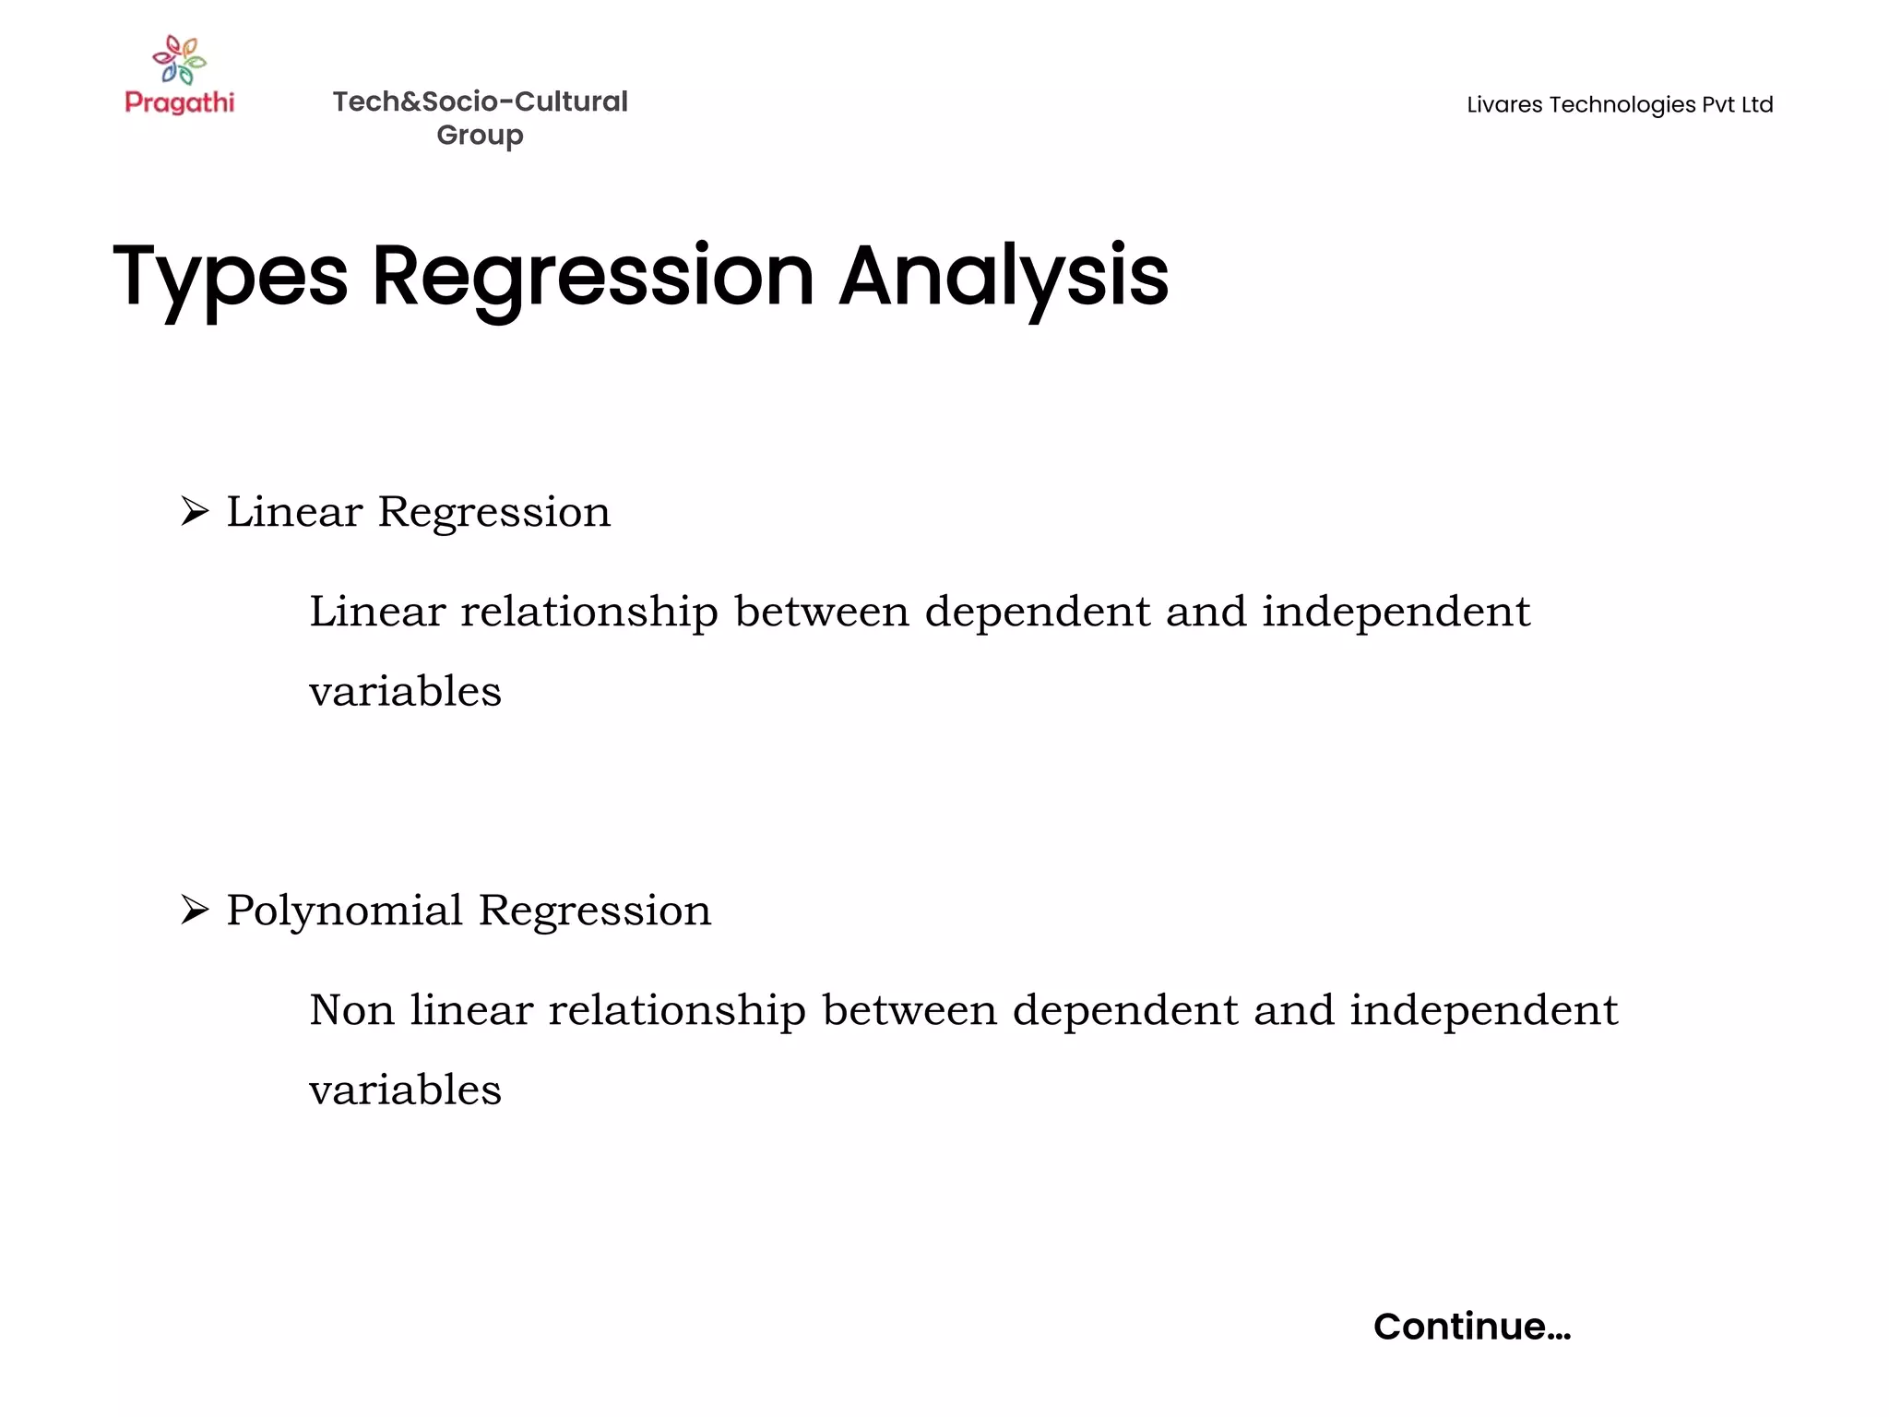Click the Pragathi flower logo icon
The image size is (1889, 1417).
180,60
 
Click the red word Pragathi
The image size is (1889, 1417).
180,102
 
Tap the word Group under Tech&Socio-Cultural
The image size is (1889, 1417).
480,136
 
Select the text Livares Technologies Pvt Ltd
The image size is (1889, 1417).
1619,105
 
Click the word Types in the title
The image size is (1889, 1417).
231,276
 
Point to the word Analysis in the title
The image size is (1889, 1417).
1004,276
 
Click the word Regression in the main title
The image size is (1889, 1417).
593,276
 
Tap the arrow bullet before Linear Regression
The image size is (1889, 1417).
195,511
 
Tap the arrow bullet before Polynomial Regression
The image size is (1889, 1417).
195,910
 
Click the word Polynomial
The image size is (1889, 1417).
344,911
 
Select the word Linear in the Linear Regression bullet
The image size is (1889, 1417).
294,512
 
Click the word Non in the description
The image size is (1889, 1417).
351,1010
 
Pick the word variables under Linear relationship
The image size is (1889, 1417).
405,691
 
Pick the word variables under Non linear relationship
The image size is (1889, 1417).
405,1090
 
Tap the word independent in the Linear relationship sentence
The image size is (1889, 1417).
1396,612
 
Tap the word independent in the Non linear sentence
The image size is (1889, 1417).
1483,1010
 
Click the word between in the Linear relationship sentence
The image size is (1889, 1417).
822,612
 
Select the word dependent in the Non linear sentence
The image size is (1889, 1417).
1125,1010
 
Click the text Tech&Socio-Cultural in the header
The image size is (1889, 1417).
480,101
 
